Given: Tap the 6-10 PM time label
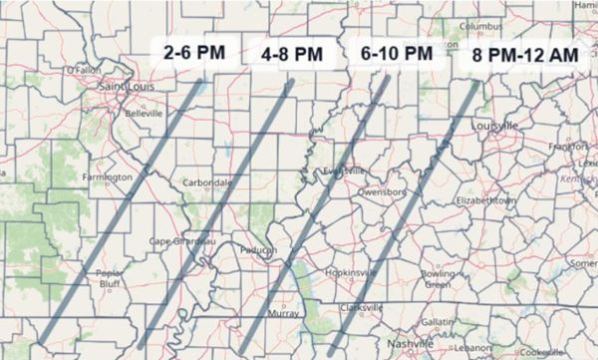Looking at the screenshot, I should pos(391,53).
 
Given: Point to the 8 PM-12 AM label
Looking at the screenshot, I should pos(525,56).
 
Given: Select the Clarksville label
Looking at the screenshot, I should pos(359,307).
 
